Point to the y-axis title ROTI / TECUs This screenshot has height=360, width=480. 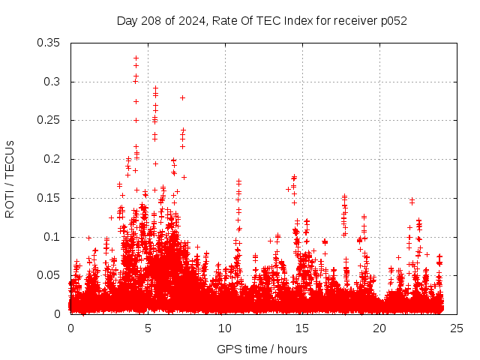click(10, 178)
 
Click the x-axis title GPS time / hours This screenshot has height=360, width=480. click(262, 349)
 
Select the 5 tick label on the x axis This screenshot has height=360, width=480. click(148, 328)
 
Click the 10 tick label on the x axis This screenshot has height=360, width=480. click(225, 328)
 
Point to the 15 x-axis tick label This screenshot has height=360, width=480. click(302, 328)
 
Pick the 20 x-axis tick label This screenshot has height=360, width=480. click(379, 328)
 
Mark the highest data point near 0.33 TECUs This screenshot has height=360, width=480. click(136, 58)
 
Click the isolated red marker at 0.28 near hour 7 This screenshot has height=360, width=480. click(182, 97)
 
